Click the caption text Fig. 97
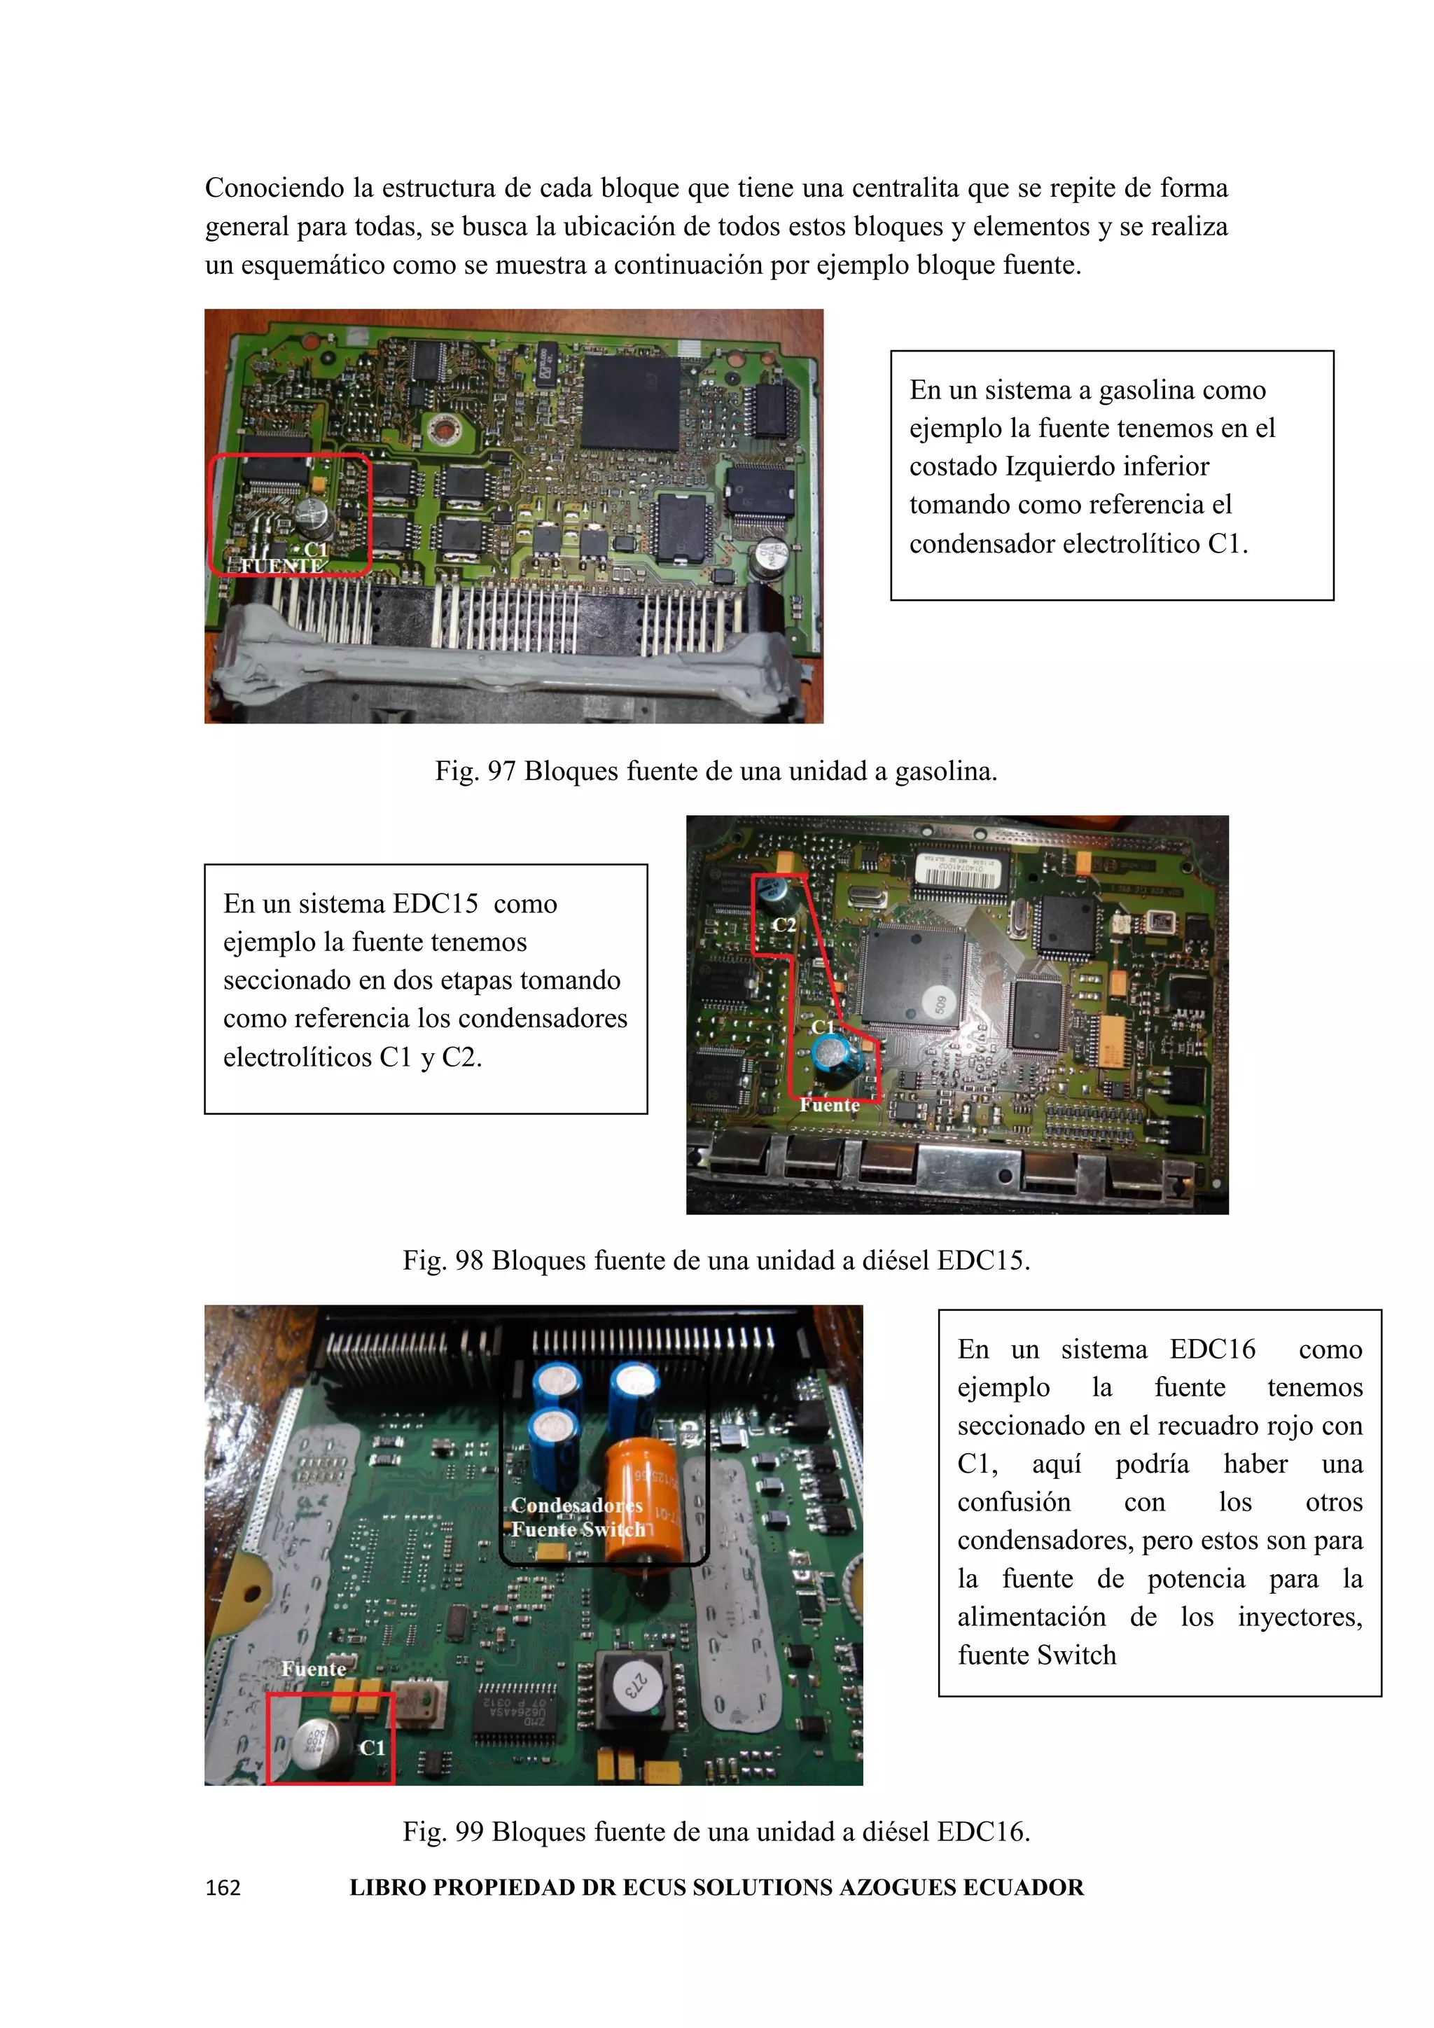[x=474, y=771]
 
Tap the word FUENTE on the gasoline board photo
[x=281, y=565]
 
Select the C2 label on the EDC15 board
[x=784, y=925]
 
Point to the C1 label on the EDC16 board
[x=372, y=1748]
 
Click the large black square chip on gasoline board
[x=630, y=403]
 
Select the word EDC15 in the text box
[x=434, y=903]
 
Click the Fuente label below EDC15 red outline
[x=829, y=1105]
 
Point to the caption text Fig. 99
[x=443, y=1831]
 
